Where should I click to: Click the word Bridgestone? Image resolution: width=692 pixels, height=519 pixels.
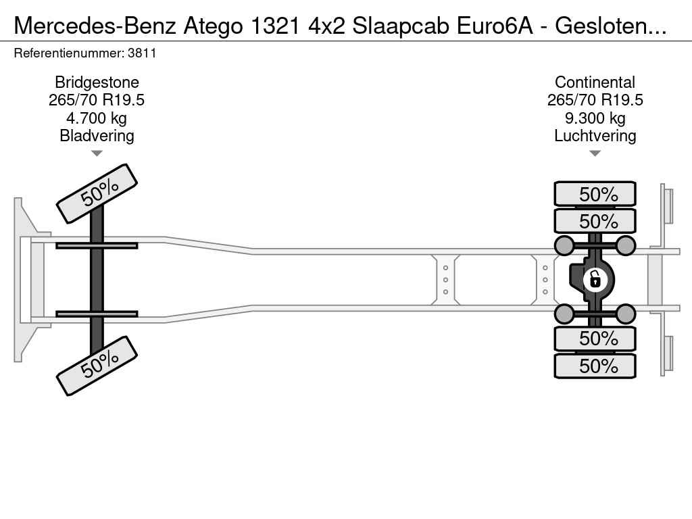[97, 82]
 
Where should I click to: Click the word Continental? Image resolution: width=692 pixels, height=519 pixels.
[595, 82]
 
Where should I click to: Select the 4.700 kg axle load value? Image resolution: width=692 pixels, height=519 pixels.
[97, 118]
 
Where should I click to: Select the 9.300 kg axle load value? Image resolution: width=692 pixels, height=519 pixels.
[595, 118]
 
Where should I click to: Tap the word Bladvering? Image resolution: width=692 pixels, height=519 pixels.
[97, 136]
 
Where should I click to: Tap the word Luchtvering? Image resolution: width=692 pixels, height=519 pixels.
[595, 136]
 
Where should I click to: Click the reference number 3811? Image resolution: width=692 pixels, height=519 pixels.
[142, 53]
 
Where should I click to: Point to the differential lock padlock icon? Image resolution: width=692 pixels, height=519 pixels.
[595, 279]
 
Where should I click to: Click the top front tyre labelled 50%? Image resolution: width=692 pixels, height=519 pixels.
[97, 194]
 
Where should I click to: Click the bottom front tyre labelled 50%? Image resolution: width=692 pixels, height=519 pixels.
[97, 366]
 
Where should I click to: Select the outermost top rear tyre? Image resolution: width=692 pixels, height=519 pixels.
[595, 194]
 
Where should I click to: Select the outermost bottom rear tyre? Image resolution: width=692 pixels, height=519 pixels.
[595, 366]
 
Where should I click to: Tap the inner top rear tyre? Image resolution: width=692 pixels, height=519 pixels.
[595, 221]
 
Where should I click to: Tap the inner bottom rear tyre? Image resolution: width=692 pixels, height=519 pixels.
[595, 339]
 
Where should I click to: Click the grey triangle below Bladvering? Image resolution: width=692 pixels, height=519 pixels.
[97, 153]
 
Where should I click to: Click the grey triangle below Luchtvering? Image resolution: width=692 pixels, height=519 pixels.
[595, 153]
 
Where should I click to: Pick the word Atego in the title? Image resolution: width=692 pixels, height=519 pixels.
[213, 26]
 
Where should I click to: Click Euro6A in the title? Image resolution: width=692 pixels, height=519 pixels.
[495, 26]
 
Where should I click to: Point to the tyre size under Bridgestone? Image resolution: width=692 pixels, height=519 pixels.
[97, 100]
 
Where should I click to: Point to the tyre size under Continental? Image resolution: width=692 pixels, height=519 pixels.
[595, 100]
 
